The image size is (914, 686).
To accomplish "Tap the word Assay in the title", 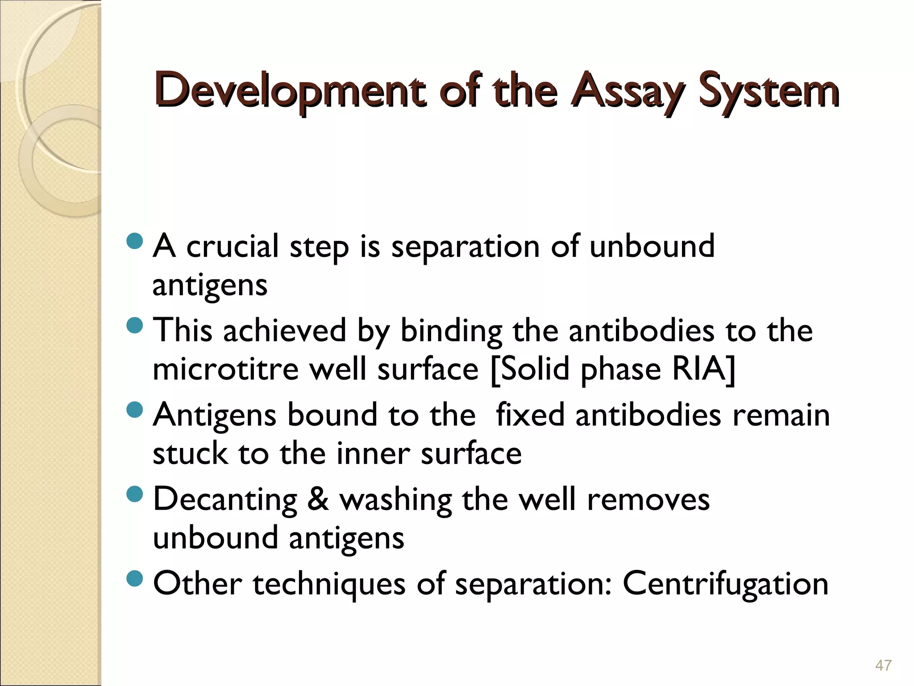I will [627, 91].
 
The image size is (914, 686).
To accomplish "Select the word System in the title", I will [769, 91].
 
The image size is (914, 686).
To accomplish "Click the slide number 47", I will [883, 665].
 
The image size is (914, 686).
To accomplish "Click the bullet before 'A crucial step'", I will [134, 242].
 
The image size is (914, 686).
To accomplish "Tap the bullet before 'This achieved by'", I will [134, 325].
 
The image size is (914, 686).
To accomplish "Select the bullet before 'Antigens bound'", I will [134, 409].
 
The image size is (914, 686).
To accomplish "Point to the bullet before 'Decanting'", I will [134, 494].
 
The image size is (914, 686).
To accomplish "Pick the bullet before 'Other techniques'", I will [134, 578].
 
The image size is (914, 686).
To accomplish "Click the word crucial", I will [232, 247].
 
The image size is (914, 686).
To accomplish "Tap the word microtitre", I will [225, 369].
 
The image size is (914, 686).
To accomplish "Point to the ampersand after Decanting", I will [318, 499].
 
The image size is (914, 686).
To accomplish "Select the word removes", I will [648, 499].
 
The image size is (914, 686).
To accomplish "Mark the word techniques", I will [329, 584].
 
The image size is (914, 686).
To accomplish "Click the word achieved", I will [284, 331].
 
